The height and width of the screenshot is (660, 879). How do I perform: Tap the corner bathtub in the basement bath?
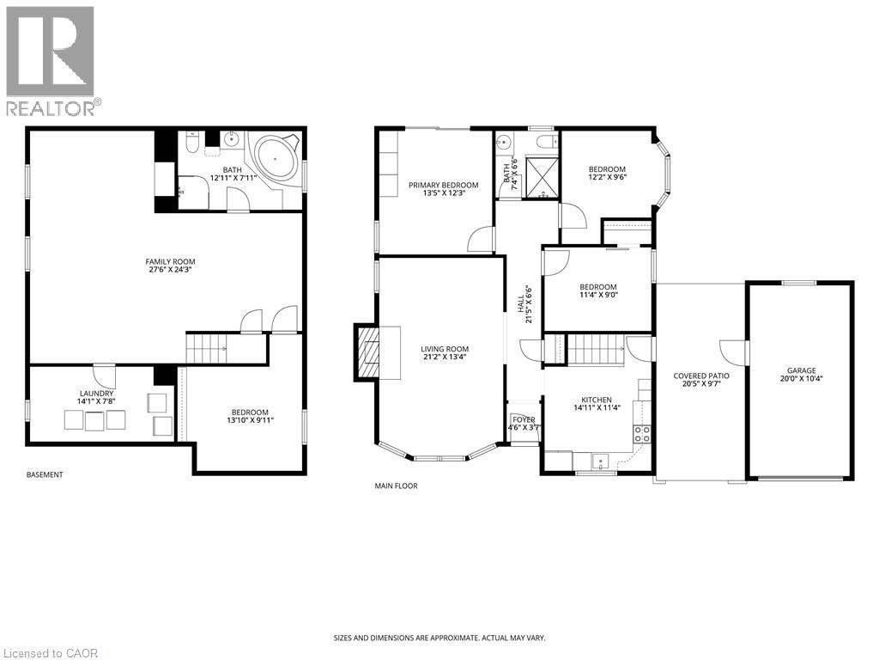tap(274, 161)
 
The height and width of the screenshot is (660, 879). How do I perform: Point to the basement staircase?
tap(206, 349)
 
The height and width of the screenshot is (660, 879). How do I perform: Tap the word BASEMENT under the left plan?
tap(45, 474)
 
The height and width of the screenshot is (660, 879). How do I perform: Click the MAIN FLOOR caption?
tap(396, 486)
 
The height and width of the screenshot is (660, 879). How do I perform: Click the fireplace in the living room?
tap(368, 352)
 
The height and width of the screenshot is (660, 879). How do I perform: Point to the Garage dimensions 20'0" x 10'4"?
tap(798, 380)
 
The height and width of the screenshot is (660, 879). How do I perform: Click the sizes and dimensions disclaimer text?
tap(439, 638)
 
